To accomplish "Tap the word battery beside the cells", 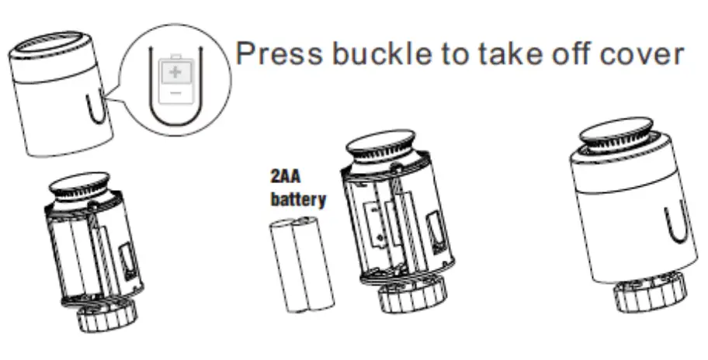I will click(297, 199).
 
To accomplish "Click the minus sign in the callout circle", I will click(175, 92).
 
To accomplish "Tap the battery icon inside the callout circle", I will click(175, 81).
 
